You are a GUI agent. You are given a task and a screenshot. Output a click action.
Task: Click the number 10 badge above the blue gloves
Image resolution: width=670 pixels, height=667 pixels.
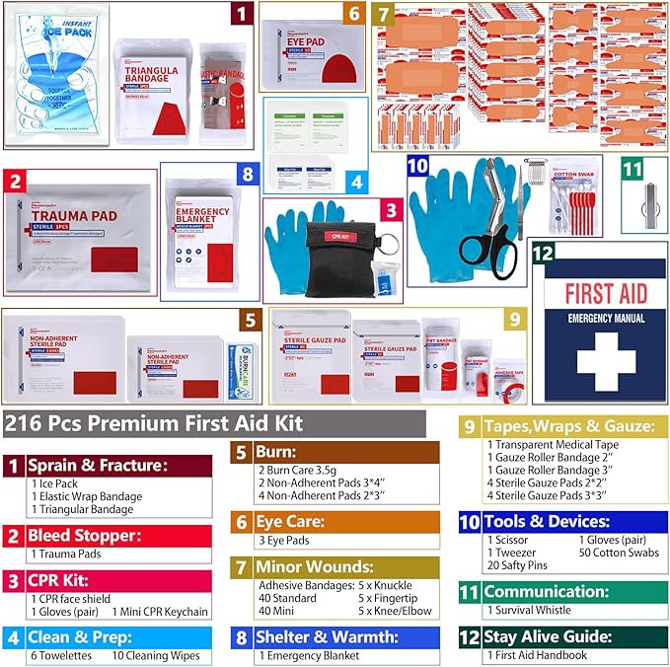point(418,167)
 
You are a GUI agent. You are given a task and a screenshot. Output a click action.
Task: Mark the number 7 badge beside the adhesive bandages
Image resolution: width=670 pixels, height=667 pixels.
point(384,15)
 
